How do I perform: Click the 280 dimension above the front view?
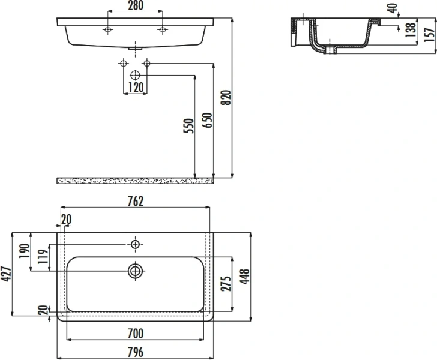[x=135, y=6]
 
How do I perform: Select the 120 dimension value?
[x=135, y=88]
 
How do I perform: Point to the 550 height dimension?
[x=188, y=126]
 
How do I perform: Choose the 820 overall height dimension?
[x=226, y=97]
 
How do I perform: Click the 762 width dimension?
[x=135, y=201]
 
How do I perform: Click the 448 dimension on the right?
[x=244, y=275]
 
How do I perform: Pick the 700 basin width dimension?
[x=136, y=333]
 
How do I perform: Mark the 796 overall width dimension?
[x=136, y=353]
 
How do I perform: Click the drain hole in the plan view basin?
[x=135, y=271]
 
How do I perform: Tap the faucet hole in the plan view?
[x=135, y=244]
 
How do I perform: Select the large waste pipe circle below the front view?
[x=135, y=75]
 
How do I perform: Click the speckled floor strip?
[x=135, y=180]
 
